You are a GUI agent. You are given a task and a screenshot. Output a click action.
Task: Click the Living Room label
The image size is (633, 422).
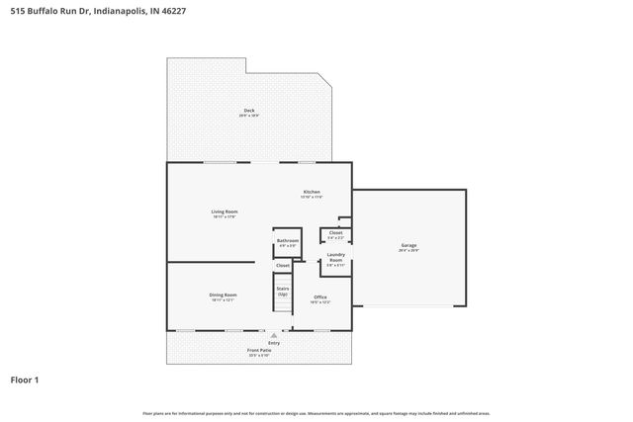(225, 211)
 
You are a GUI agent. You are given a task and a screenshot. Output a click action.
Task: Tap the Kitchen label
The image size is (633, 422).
(312, 191)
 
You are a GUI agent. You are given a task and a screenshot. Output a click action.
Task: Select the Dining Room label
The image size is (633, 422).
(223, 295)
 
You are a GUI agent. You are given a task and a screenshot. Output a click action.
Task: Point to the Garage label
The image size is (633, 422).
(407, 245)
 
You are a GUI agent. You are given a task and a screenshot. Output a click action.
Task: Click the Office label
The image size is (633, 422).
(320, 296)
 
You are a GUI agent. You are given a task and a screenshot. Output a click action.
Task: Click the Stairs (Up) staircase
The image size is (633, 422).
(283, 293)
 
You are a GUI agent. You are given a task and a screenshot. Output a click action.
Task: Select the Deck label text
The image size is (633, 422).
(249, 110)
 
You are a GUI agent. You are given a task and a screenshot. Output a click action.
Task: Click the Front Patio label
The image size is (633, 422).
(259, 351)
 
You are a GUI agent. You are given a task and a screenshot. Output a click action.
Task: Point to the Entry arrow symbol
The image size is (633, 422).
(260, 335)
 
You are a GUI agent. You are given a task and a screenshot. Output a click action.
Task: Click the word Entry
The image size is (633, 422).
(260, 343)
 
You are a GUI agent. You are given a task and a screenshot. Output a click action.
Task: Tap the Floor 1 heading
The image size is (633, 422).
(25, 379)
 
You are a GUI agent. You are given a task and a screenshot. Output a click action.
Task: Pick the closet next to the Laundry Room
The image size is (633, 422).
(335, 234)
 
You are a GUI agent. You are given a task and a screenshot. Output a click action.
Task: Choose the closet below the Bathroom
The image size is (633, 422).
(283, 265)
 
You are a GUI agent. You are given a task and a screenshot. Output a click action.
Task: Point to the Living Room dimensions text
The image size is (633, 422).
(225, 216)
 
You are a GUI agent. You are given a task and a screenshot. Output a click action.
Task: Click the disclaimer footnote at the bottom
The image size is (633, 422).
(316, 413)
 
